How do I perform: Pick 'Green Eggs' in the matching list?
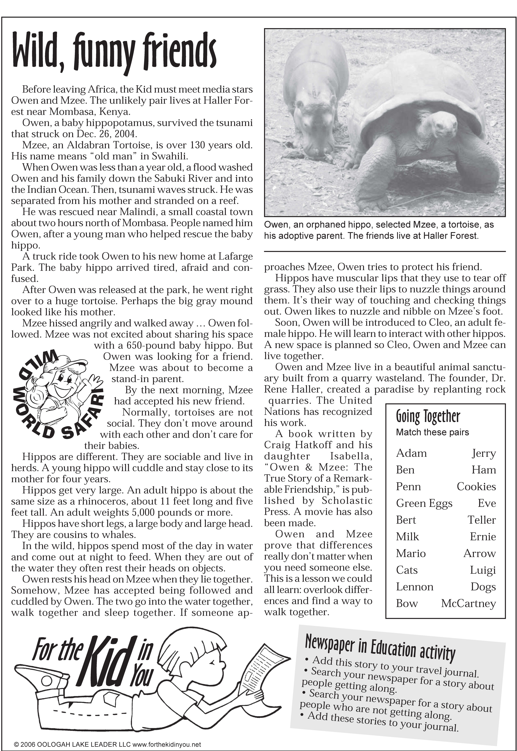(x=424, y=503)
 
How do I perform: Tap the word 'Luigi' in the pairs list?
(x=483, y=570)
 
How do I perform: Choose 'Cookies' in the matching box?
(x=476, y=487)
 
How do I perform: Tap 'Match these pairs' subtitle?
(x=432, y=432)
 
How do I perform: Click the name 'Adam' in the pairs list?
(x=411, y=453)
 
